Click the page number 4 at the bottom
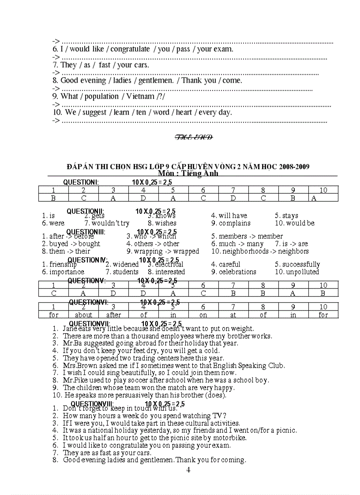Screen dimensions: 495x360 pyautogui.click(x=188, y=470)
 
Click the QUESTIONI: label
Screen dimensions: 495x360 pyautogui.click(x=81, y=182)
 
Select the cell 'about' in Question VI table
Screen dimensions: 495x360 pyautogui.click(x=83, y=315)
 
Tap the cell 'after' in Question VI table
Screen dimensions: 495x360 pyautogui.click(x=113, y=315)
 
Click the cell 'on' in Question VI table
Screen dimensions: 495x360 pyautogui.click(x=203, y=315)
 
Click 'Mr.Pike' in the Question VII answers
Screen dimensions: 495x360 pyautogui.click(x=74, y=380)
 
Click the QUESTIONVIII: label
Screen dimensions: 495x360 pyautogui.click(x=92, y=404)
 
